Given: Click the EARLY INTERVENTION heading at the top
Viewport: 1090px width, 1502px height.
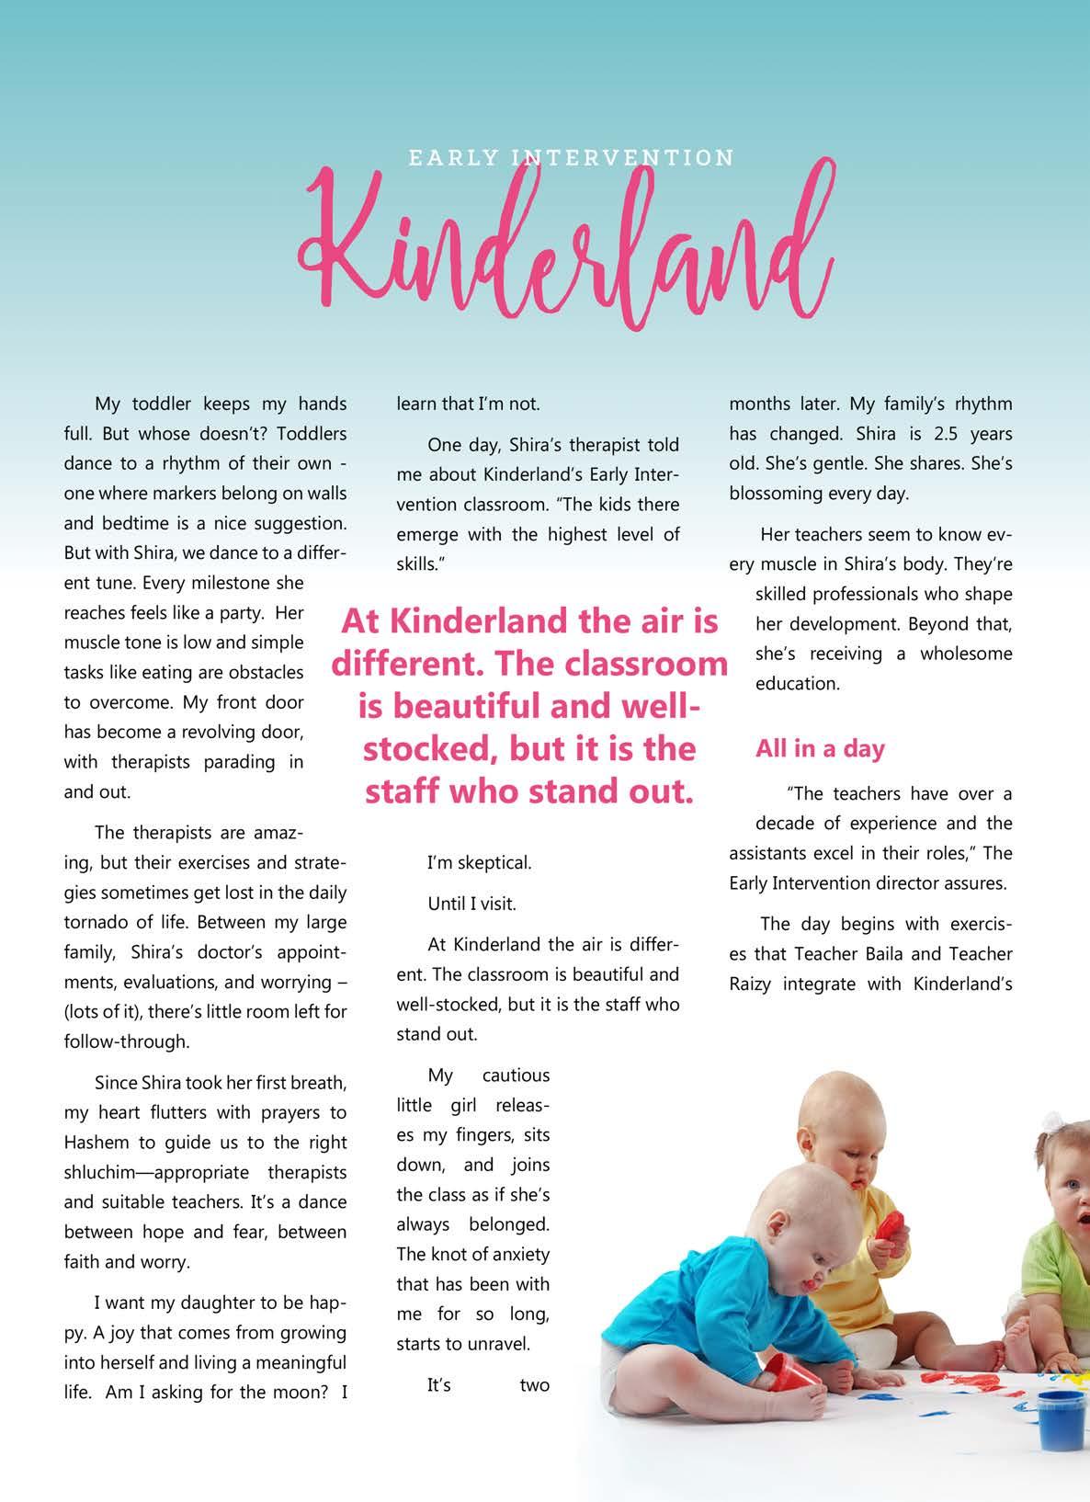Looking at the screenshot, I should click(571, 158).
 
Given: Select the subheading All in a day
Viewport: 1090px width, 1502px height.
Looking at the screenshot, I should click(820, 749).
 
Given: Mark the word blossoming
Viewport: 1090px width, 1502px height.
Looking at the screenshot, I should click(775, 493).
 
